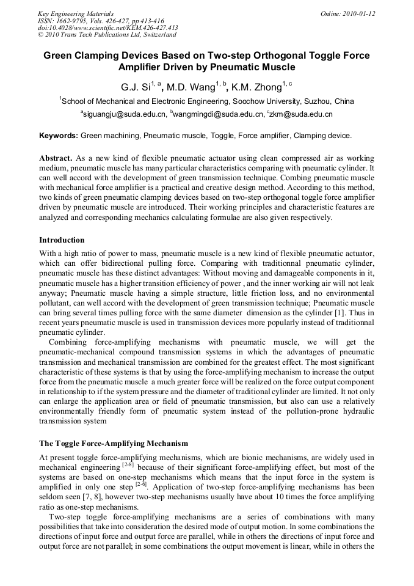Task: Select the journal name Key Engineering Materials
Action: [x=76, y=13]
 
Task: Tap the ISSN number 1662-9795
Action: [x=74, y=21]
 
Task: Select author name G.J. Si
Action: [x=138, y=87]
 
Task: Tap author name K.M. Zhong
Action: [x=256, y=87]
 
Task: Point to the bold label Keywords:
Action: [x=59, y=135]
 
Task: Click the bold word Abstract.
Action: [x=56, y=158]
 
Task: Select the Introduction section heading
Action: [x=62, y=240]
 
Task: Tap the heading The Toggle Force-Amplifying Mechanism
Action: [x=114, y=443]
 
